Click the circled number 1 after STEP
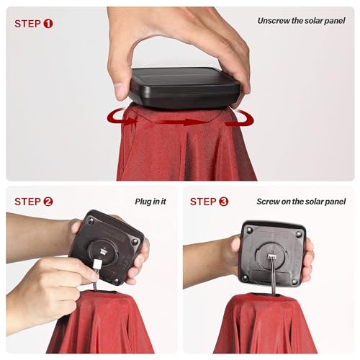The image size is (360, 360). click(48, 24)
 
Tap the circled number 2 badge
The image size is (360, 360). click(48, 202)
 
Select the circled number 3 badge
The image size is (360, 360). click(224, 202)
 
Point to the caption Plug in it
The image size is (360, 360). click(150, 202)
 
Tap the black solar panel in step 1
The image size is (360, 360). click(185, 88)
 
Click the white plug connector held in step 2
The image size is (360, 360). click(97, 264)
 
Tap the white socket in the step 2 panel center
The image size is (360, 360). click(104, 252)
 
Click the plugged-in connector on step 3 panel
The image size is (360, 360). click(271, 256)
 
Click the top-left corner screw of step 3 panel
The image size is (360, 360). click(249, 230)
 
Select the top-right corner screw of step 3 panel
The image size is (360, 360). click(299, 233)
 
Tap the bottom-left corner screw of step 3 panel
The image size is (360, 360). click(245, 278)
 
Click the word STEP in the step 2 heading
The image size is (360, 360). click(27, 202)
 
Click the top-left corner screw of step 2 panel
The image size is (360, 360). click(91, 220)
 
